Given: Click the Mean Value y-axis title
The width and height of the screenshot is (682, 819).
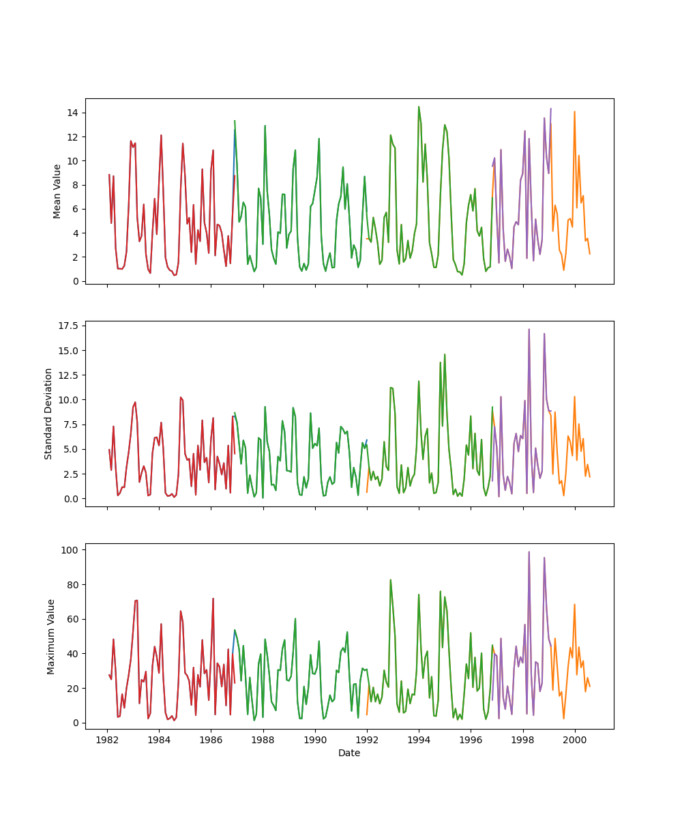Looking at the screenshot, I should point(57,191).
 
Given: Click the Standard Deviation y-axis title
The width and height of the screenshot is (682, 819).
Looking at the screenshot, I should point(48,414).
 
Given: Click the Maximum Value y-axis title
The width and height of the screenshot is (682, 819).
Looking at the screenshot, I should point(50,636).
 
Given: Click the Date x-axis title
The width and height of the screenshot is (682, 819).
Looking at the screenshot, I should point(349,753).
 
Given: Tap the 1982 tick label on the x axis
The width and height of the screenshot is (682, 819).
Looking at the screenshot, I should point(107,740).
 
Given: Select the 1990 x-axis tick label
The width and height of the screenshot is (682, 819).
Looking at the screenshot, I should point(315,740).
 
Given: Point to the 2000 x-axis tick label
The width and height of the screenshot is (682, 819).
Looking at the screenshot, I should point(575,740).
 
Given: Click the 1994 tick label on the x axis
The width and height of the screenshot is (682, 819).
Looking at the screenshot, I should point(419,740).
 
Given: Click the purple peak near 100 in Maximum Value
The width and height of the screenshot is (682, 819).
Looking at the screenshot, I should point(529,552).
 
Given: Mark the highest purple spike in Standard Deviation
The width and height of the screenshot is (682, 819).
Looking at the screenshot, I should point(529,329).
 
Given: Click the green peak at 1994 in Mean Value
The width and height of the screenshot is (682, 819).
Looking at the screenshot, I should point(419,106).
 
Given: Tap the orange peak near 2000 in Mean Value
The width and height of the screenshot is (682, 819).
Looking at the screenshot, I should point(574,111).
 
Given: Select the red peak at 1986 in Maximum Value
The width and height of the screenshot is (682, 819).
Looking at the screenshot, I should point(213,599).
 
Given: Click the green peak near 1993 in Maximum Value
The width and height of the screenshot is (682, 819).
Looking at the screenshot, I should point(390,580).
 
